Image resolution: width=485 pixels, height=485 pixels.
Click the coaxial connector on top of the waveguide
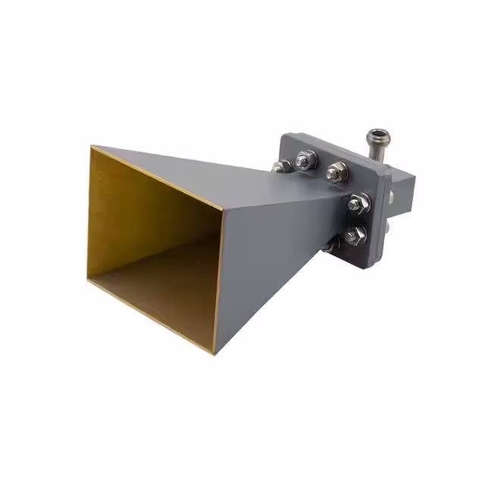pyautogui.click(x=375, y=139)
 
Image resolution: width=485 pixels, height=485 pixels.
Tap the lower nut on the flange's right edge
pyautogui.click(x=354, y=234)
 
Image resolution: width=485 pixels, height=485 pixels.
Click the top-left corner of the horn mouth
pyautogui.click(x=92, y=147)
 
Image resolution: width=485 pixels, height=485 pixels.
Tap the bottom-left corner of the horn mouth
pyautogui.click(x=89, y=280)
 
